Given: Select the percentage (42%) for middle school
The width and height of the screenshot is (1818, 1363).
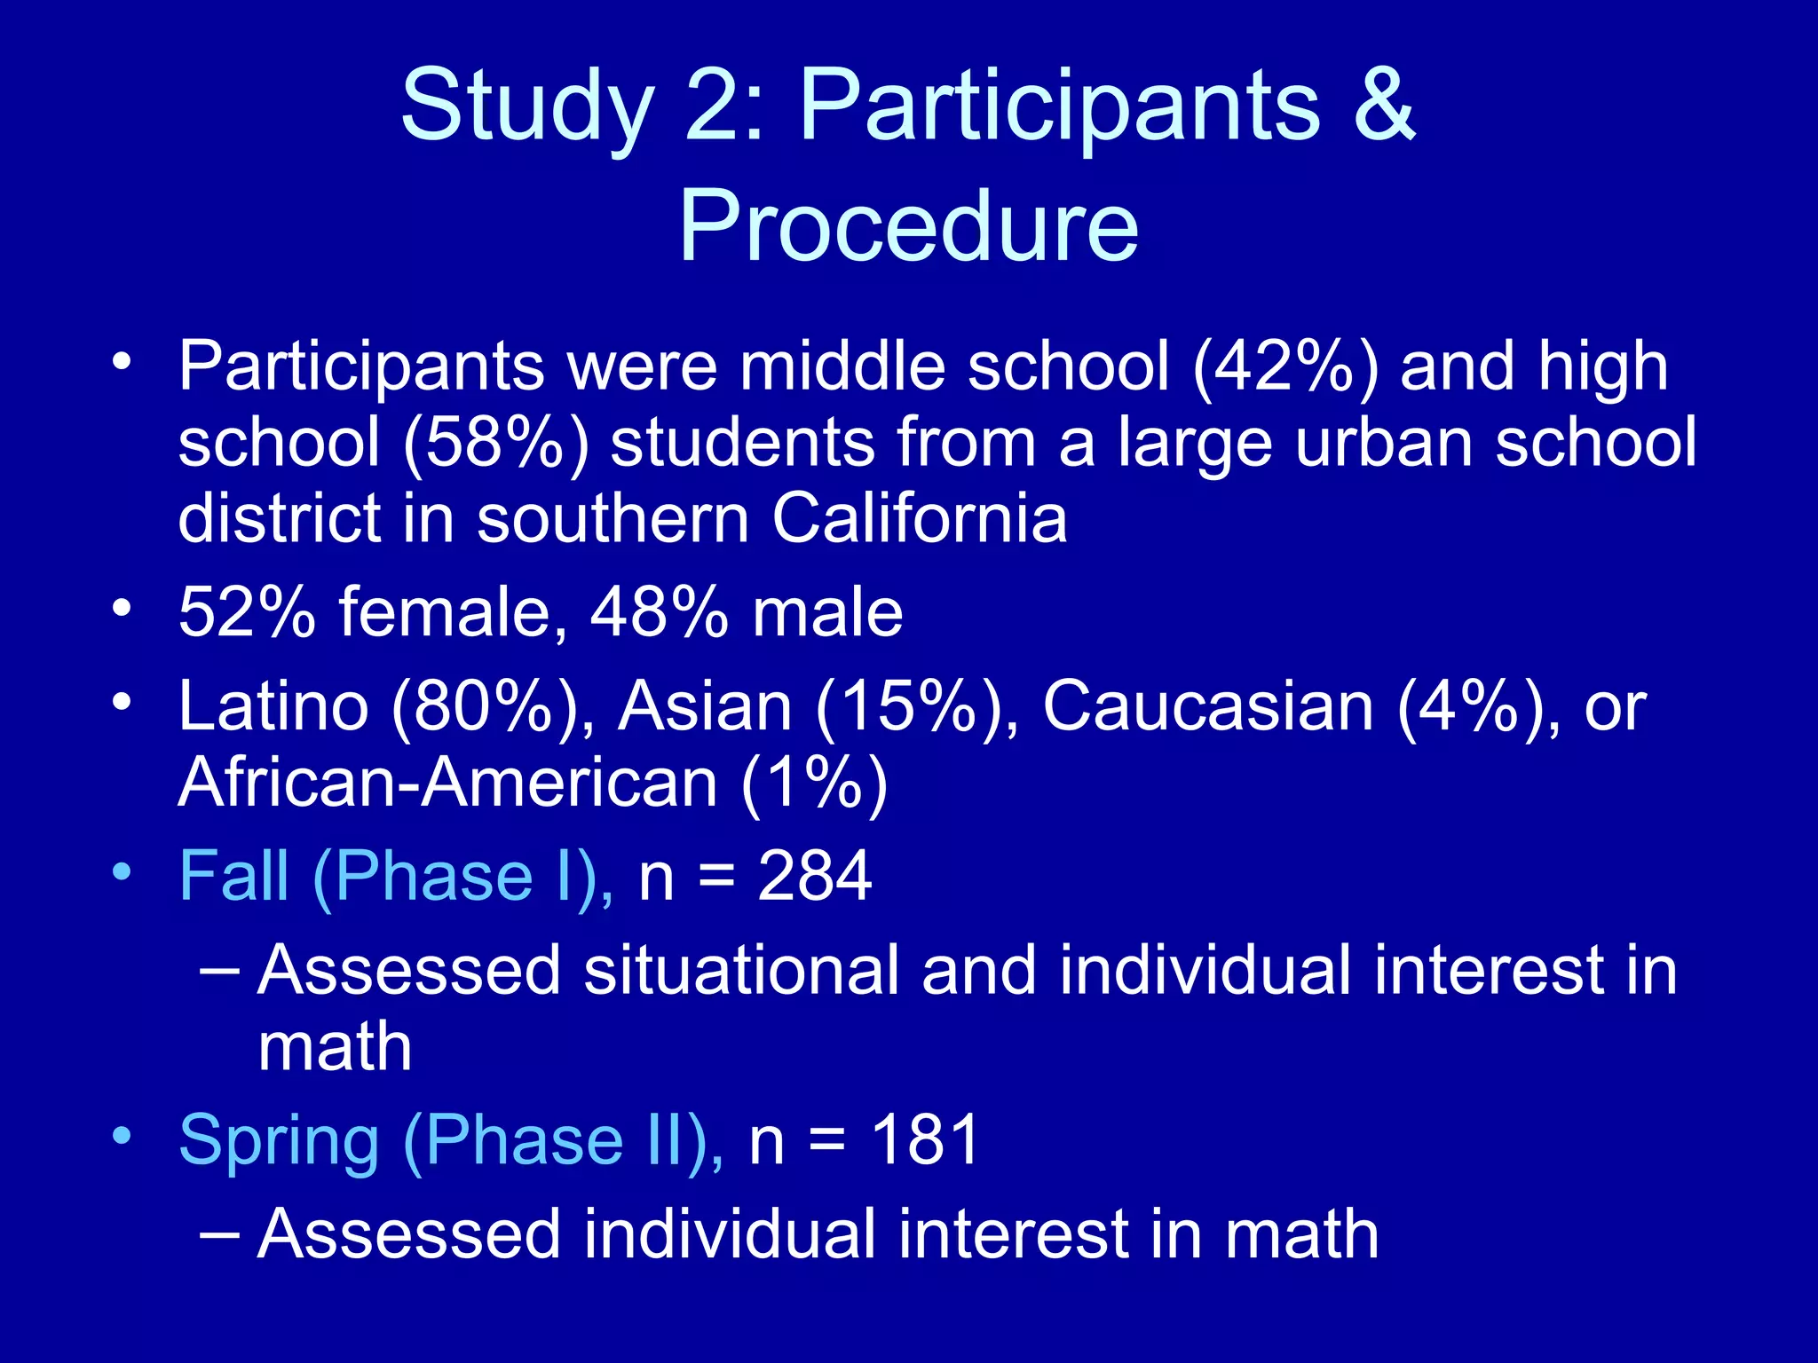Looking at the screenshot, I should point(1284,366).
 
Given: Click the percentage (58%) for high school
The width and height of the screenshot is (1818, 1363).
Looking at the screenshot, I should point(495,442).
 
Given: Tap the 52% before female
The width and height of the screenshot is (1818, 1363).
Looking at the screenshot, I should point(247,612).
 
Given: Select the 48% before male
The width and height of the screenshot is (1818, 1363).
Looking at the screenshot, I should point(659,612).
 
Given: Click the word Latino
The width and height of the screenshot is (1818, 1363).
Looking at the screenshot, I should point(273,706).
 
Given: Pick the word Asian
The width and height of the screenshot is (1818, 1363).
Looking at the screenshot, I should point(705,706).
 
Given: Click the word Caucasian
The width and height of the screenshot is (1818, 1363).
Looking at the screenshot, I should point(1207,706).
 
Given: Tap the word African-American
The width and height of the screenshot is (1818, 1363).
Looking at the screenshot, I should point(447,783).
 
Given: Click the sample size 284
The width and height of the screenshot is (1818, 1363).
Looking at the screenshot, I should point(814,877).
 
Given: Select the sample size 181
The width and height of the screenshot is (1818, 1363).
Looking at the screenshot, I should point(925,1139).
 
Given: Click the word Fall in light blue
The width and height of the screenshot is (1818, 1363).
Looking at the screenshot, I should point(233,877).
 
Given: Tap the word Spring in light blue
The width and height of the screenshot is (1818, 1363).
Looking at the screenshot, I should point(279,1141).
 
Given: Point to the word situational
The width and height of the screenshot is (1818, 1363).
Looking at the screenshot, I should point(740,970).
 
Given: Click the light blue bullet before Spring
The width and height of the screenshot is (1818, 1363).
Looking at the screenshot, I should point(122,1135).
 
